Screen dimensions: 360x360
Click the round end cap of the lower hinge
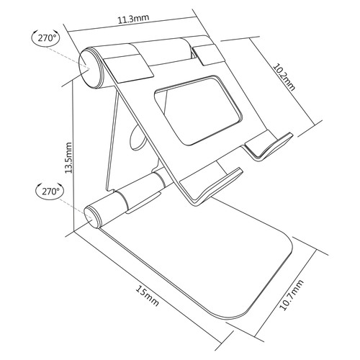pyautogui.click(x=92, y=215)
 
